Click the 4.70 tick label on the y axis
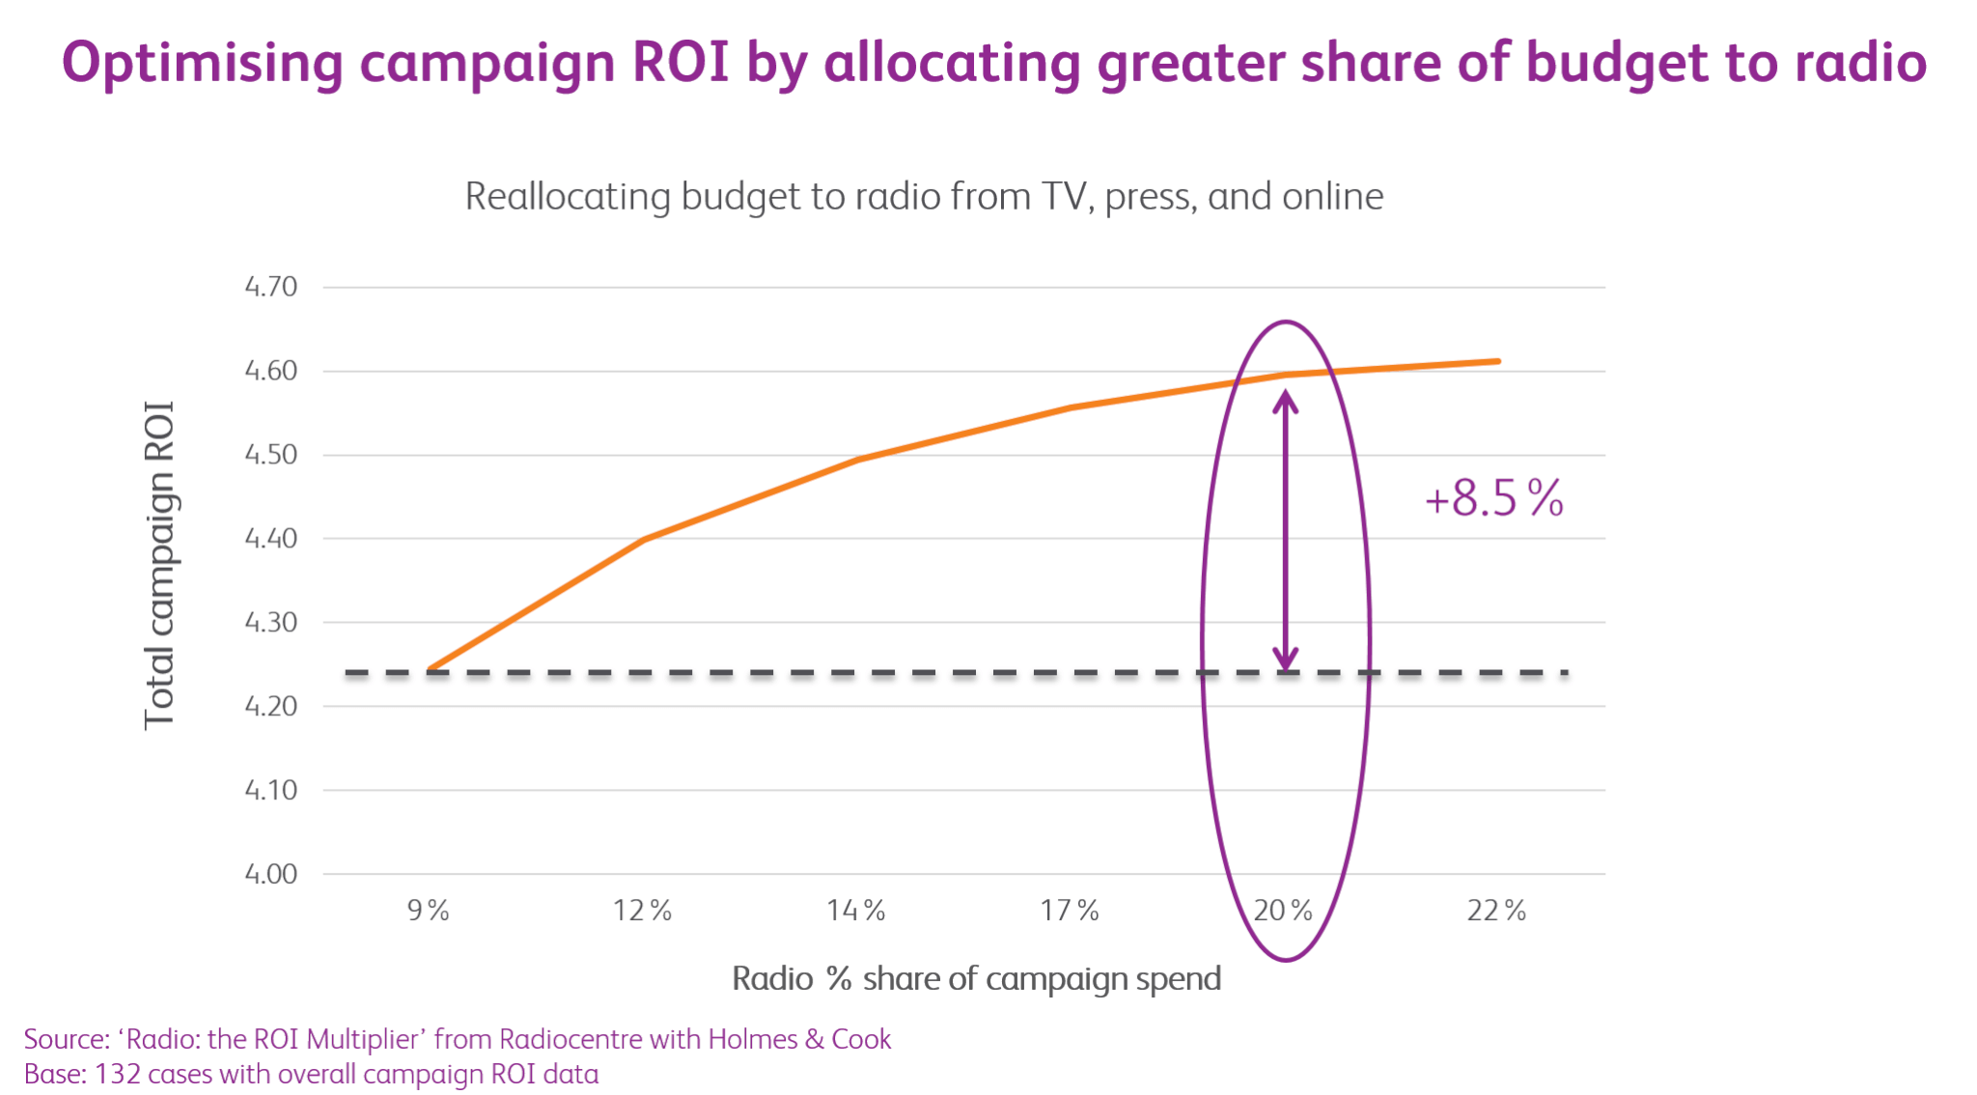270,287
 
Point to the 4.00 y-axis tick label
270,874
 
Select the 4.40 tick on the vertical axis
270,539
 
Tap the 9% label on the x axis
428,911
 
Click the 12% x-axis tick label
642,911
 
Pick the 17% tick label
1070,911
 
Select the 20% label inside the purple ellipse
1283,911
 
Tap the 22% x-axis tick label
1496,911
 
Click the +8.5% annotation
1493,498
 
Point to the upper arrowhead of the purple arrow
1285,400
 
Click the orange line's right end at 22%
1497,361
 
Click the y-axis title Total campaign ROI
159,565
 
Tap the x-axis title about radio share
976,979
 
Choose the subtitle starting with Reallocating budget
924,197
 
